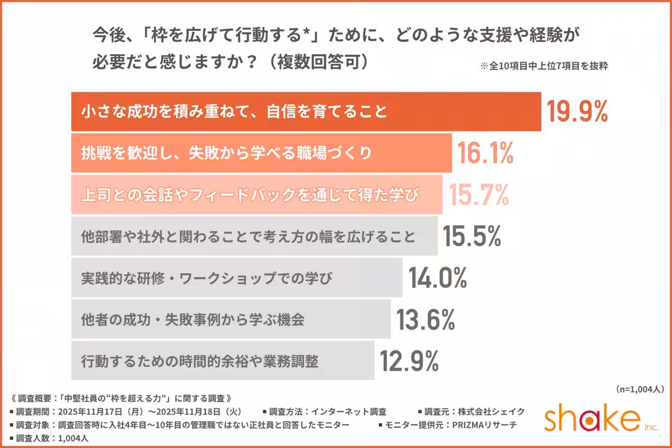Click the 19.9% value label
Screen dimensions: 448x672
coord(577,112)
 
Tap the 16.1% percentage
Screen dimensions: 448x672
coord(486,153)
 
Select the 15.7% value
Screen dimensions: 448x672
coord(478,194)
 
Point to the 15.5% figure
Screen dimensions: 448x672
coord(471,236)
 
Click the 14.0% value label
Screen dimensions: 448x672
coord(437,278)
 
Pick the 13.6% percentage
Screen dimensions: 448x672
coord(426,319)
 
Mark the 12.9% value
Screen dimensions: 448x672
coord(409,361)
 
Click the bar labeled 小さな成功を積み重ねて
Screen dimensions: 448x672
coord(306,112)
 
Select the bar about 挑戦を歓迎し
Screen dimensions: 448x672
coord(261,153)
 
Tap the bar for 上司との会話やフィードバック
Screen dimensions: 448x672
coord(256,194)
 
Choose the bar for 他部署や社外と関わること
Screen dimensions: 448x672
coord(254,236)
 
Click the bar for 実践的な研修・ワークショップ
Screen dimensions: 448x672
coord(236,278)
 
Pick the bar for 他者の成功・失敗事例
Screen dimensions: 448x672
coord(231,319)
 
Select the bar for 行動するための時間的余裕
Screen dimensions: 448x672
coord(222,361)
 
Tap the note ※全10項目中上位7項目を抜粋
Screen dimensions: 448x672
coord(544,65)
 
